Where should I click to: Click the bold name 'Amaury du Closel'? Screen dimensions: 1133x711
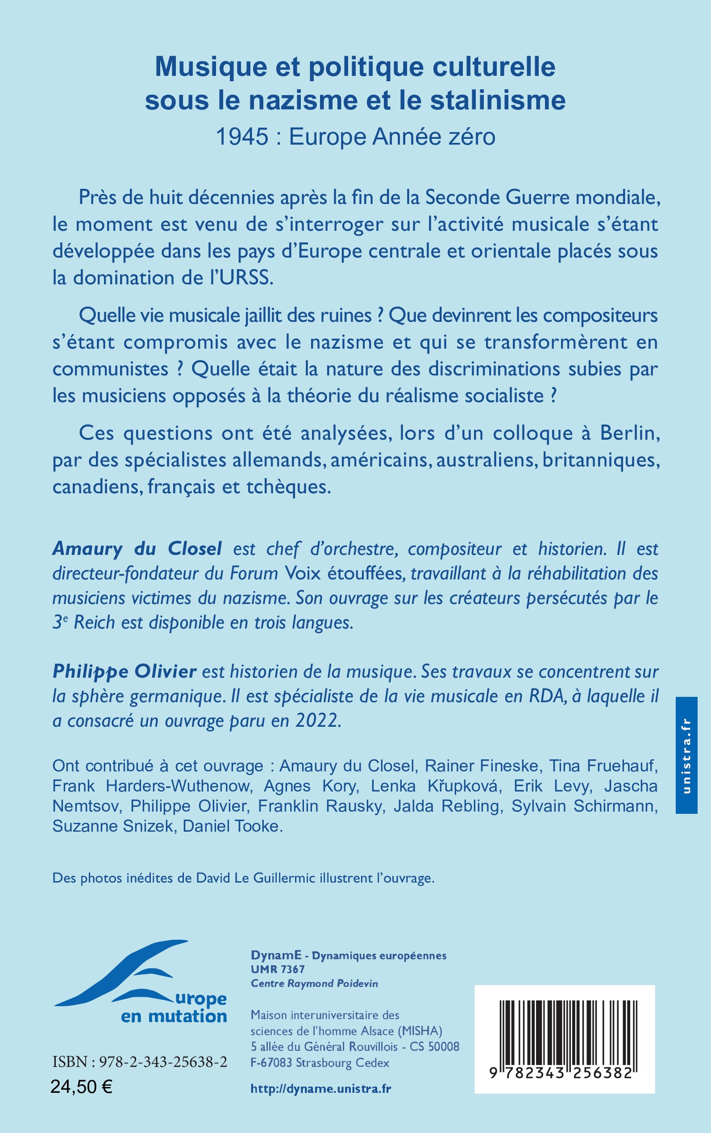[137, 548]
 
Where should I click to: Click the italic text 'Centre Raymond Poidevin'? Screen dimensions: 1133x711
[314, 983]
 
